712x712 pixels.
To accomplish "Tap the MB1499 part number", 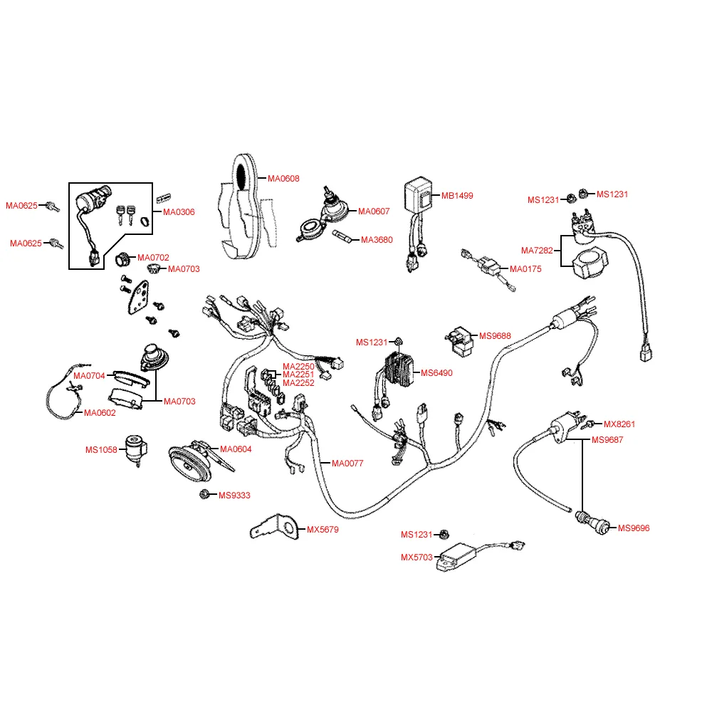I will click(457, 195).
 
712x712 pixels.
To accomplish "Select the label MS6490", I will click(436, 372).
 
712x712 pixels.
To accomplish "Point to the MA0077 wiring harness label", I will click(347, 463).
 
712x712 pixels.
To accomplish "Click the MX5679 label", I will click(323, 530).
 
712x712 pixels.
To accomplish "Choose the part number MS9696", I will click(634, 528).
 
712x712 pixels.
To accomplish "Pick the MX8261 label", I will click(619, 424).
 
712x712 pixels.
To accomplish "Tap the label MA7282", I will click(537, 250).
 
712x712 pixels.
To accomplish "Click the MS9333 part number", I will click(234, 495).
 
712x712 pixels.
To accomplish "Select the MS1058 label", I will click(101, 449).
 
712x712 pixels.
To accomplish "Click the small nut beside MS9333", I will click(205, 494).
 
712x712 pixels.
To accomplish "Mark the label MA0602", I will click(100, 412).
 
